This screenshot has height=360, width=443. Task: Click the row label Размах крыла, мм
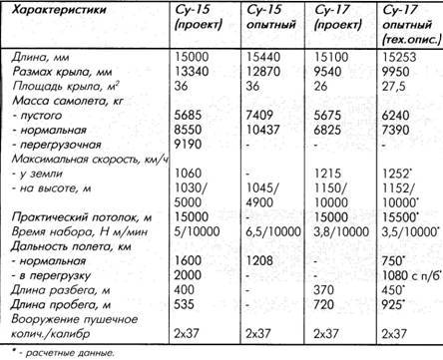[66, 73]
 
